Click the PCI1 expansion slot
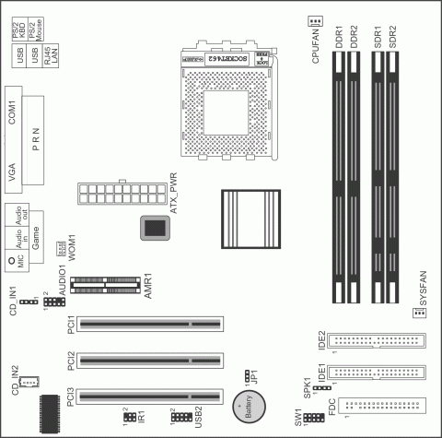[x=149, y=324]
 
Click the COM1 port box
[x=13, y=114]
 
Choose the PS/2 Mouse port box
[x=52, y=35]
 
